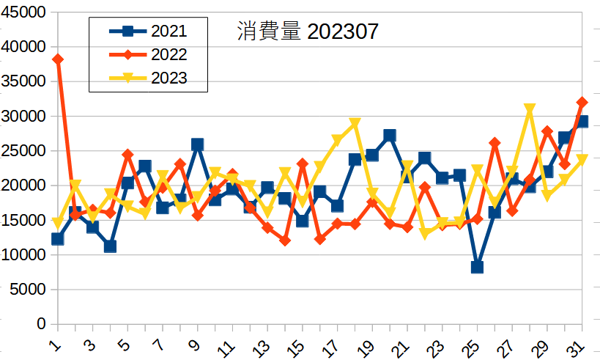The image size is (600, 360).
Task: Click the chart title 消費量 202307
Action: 308,32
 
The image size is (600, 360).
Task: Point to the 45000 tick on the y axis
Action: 25,12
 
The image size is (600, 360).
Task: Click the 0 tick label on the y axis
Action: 41,324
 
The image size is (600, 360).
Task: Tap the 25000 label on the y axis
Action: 25,151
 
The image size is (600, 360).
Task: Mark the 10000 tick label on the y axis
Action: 25,255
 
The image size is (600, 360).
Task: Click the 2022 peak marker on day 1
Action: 57,59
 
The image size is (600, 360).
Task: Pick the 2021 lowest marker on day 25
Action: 477,267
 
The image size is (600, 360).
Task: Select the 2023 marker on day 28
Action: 530,109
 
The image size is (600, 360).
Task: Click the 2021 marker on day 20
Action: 390,136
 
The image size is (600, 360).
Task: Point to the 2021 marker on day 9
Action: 197,144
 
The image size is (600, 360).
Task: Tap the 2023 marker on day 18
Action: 355,123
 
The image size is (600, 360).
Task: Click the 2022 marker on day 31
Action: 582,103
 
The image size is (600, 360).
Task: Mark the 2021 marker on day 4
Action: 110,246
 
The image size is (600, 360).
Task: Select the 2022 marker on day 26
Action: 495,143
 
